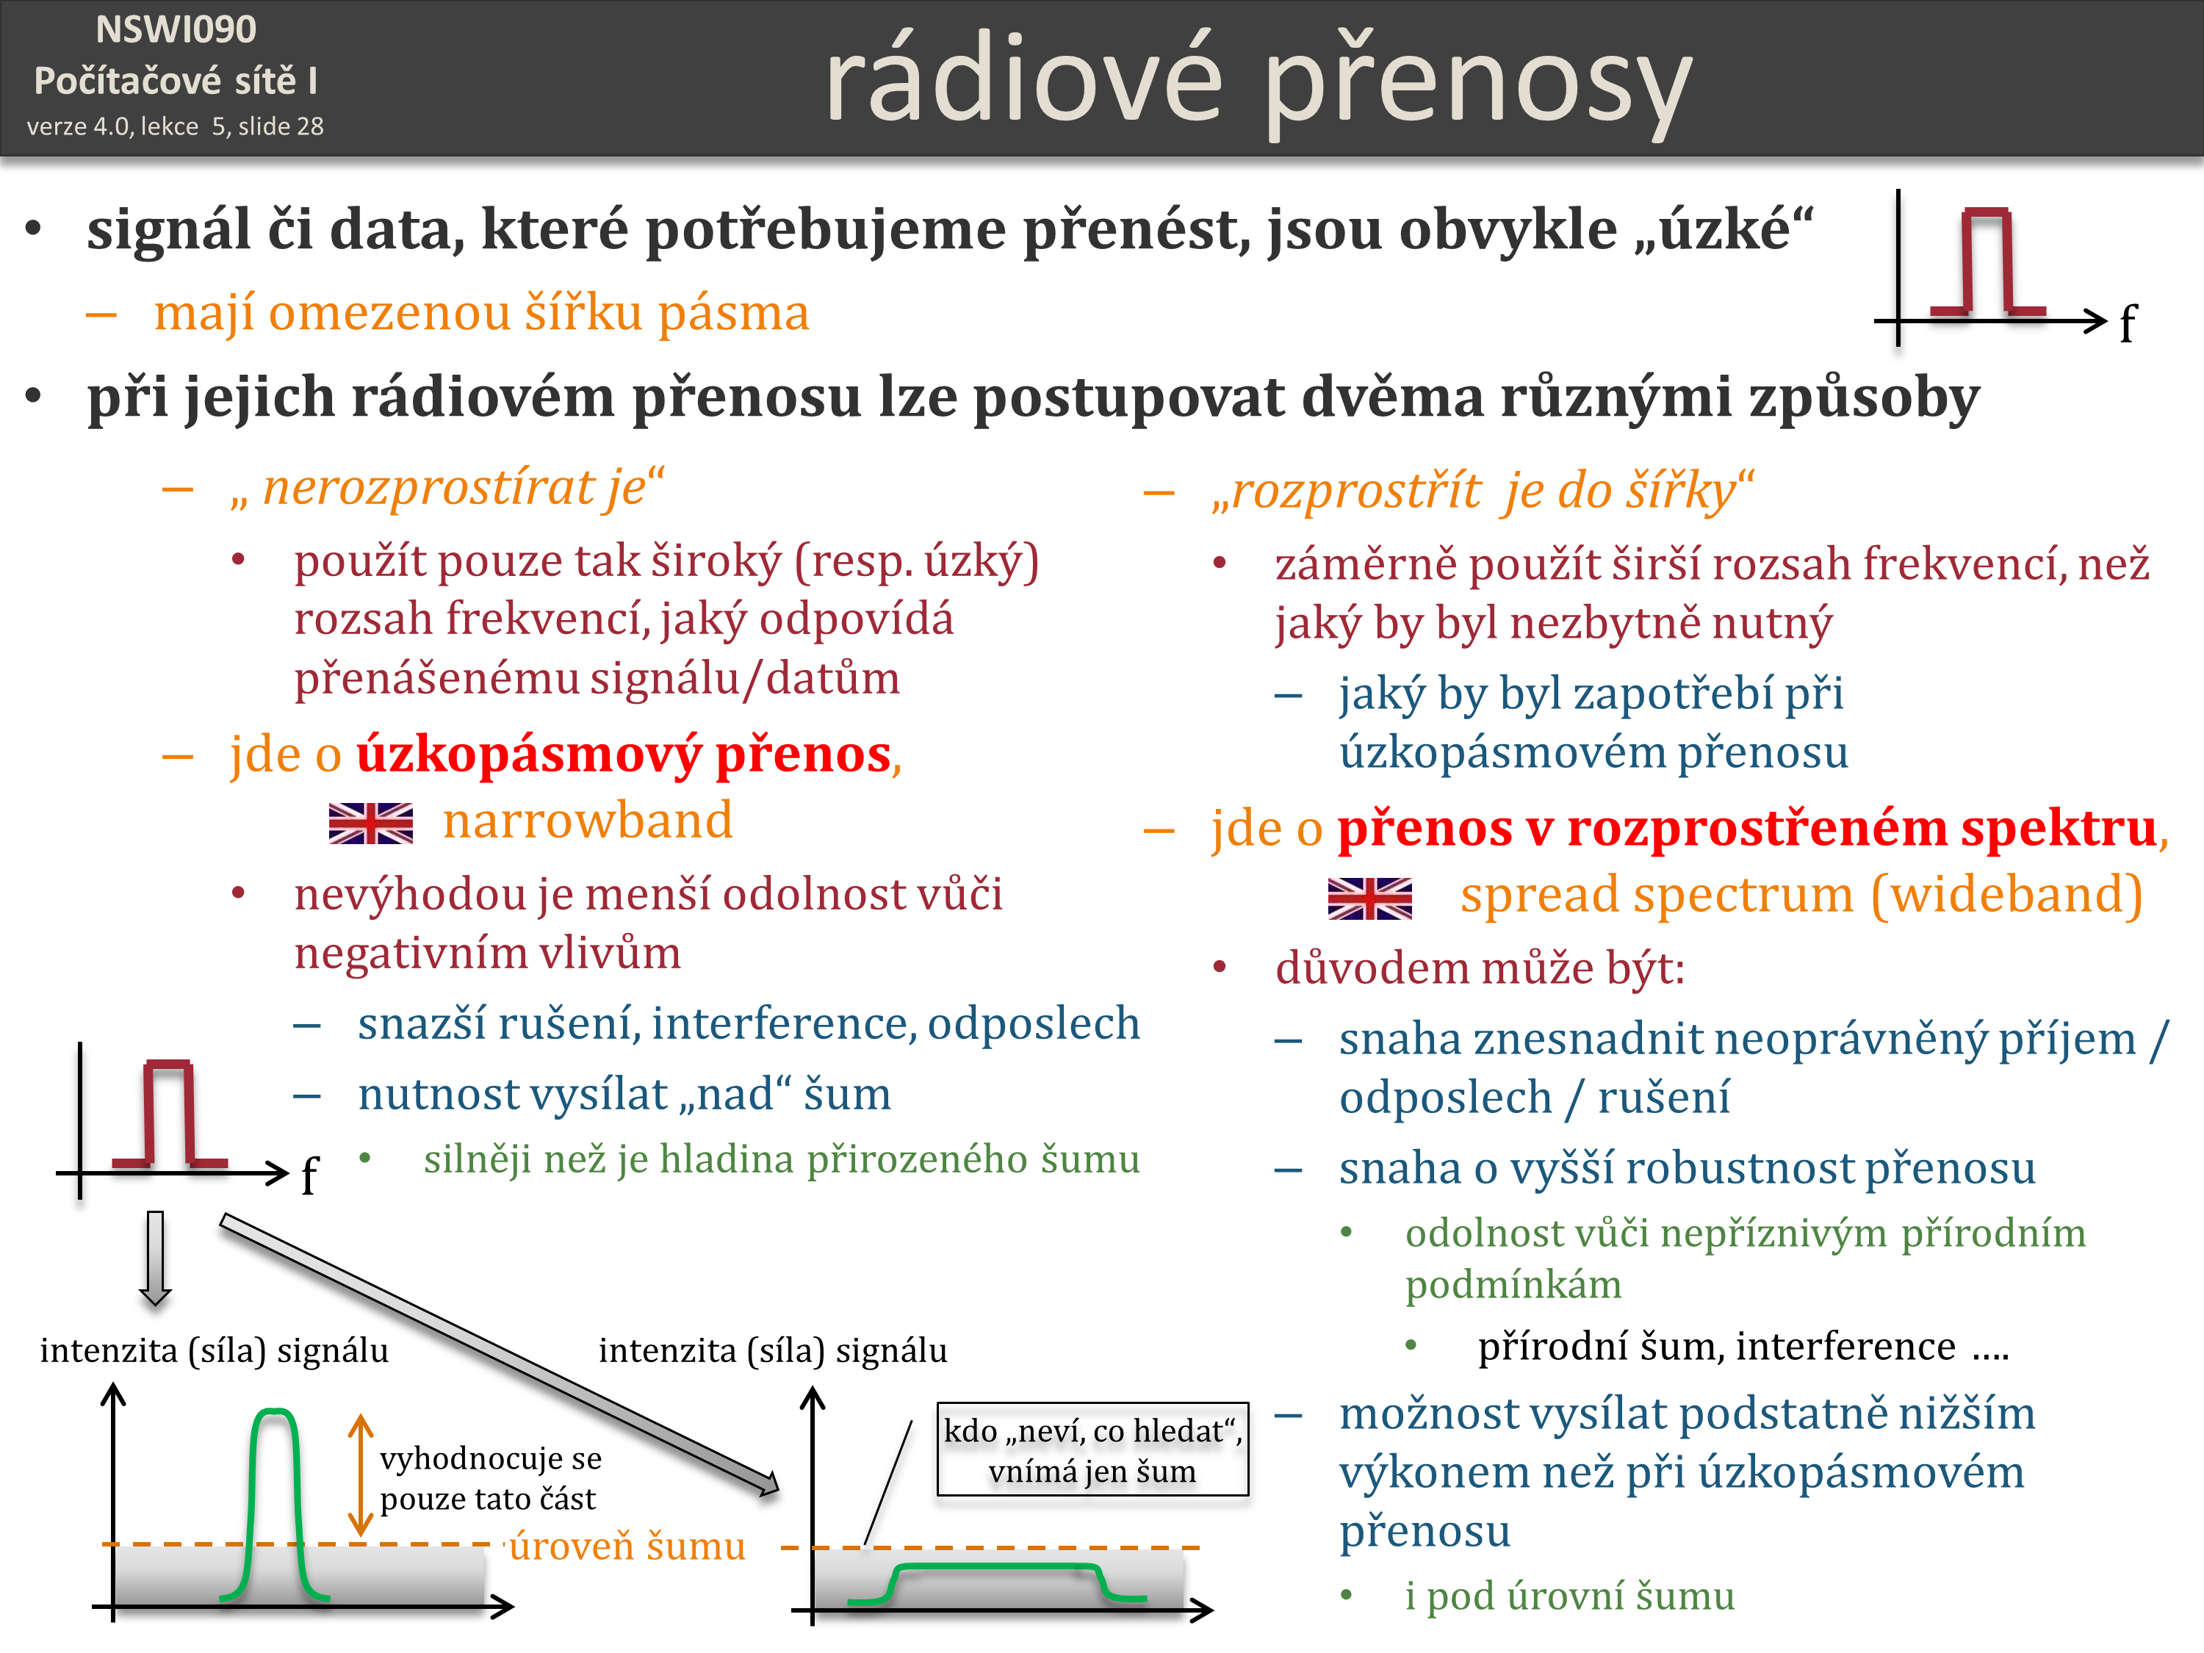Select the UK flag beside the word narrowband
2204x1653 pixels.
(x=371, y=823)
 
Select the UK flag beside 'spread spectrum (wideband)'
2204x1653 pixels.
(x=1370, y=898)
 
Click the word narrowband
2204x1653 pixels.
(x=588, y=821)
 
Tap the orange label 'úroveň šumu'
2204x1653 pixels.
(x=627, y=1546)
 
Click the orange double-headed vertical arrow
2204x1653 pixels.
(x=361, y=1476)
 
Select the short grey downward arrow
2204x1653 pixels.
(x=156, y=1258)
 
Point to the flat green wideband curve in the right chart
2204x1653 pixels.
(x=996, y=1567)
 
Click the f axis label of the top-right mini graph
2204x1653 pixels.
(x=2128, y=325)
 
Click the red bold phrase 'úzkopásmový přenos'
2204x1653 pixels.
(x=624, y=755)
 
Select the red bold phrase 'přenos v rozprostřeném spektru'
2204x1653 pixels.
(x=1746, y=829)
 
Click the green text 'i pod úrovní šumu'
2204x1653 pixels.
(x=1569, y=1595)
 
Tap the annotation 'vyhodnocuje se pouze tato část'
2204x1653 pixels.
(x=490, y=1479)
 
